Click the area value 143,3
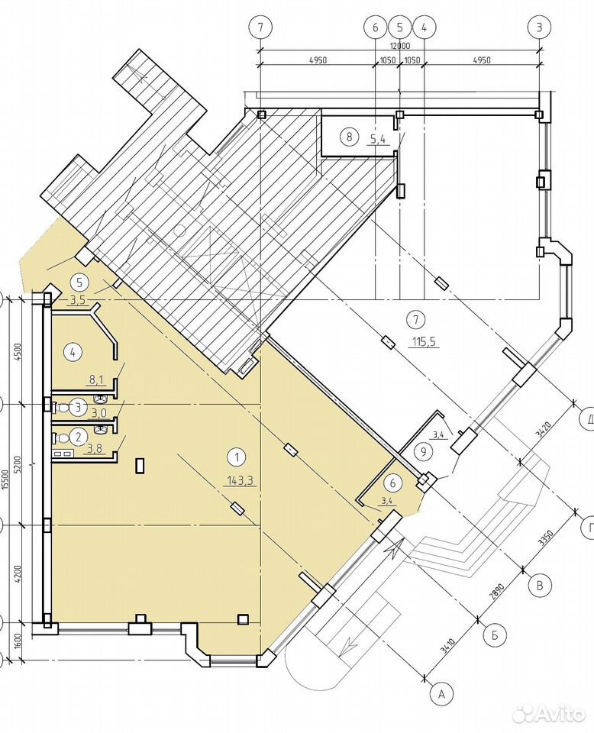(241, 480)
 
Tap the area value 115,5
(424, 342)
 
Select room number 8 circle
(349, 137)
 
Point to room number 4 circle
(73, 351)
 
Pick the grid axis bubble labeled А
(441, 695)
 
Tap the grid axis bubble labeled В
(541, 586)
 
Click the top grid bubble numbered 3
(539, 27)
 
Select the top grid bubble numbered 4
(425, 27)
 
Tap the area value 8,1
(95, 380)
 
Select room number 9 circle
(424, 452)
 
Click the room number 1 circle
(237, 457)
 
